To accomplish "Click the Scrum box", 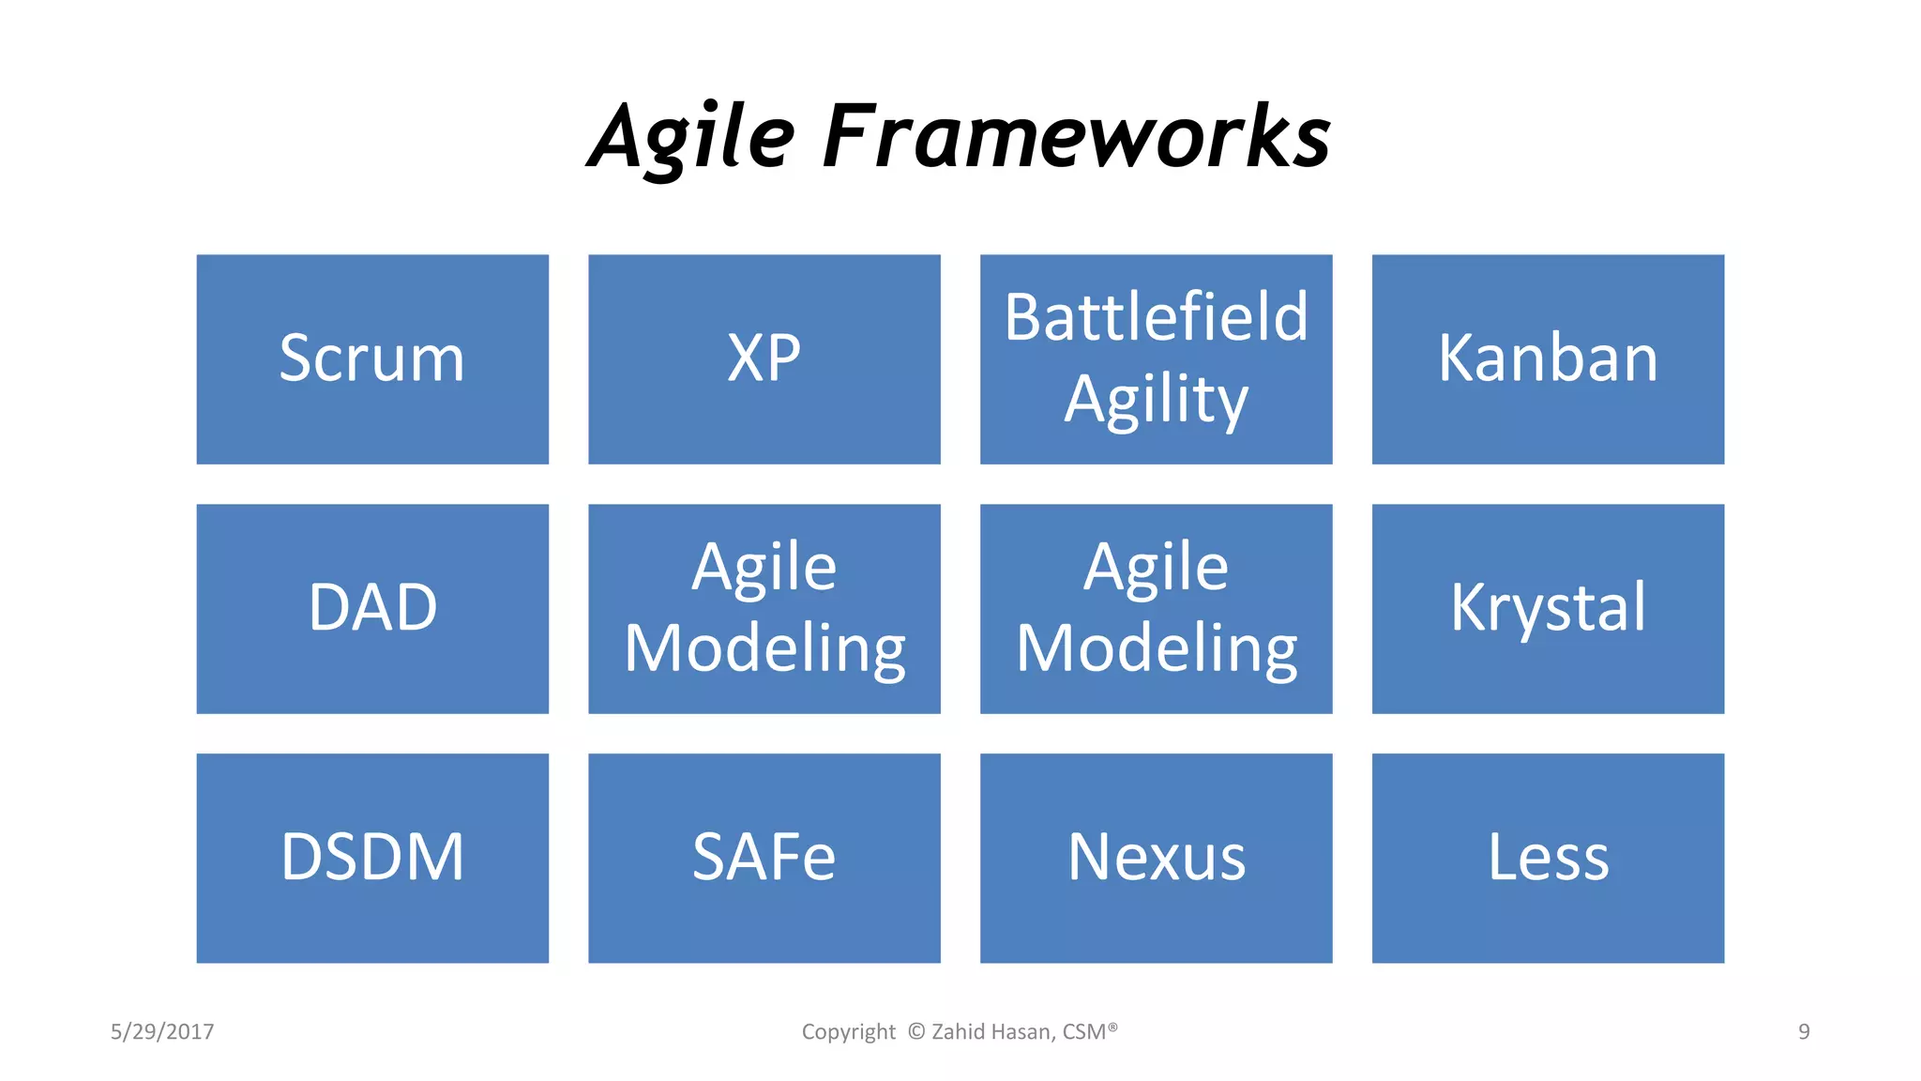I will [372, 358].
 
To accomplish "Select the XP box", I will [764, 358].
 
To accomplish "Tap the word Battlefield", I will [1156, 317].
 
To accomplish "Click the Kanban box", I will [1548, 358].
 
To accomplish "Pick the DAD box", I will [372, 608].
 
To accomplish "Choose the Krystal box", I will [1548, 608].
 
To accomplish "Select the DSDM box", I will [372, 858].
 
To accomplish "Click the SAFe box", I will [764, 858].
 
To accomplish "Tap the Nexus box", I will [1156, 858].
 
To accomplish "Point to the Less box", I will [1548, 858].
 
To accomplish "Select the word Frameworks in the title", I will [1077, 138].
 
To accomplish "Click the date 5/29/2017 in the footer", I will [162, 1031].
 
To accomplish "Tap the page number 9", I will [1803, 1031].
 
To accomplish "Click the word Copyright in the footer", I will [848, 1031].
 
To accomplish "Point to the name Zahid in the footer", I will [958, 1031].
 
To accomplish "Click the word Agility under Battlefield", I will [1156, 400].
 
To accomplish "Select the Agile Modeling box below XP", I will [764, 608].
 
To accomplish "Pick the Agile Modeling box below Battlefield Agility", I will [1156, 608].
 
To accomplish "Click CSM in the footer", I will [1085, 1031].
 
